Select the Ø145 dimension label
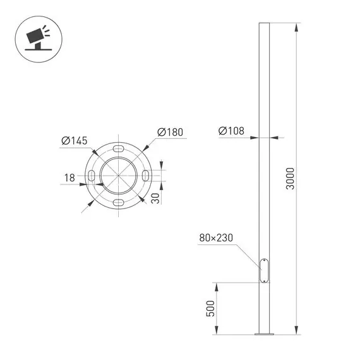click(74, 140)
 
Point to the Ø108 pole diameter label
click(232, 131)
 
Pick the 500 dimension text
click(211, 308)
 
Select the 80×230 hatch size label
click(217, 238)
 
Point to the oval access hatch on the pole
click(263, 270)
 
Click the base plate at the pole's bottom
click(263, 333)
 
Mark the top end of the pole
click(263, 25)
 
